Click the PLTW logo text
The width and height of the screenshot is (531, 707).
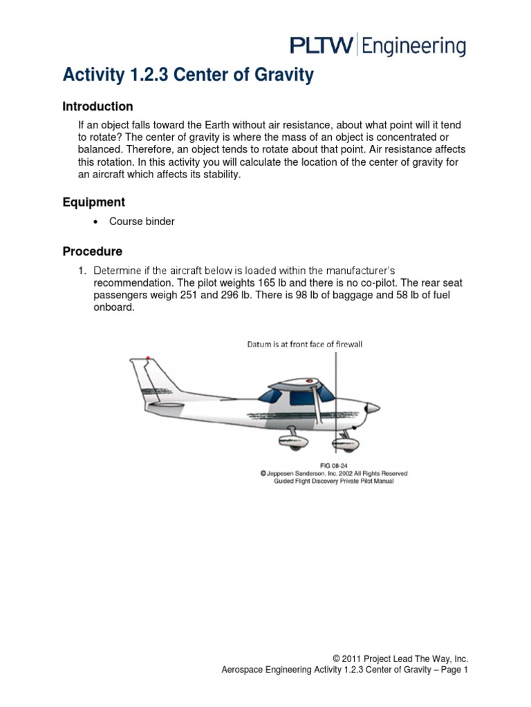321,46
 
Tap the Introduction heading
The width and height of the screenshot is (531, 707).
97,106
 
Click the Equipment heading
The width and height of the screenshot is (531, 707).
93,202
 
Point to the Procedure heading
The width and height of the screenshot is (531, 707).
92,251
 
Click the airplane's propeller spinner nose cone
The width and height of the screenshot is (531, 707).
374,408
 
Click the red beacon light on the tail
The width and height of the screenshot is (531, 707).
147,359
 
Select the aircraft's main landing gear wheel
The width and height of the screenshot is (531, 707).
302,441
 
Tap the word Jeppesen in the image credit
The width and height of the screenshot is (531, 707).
286,474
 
